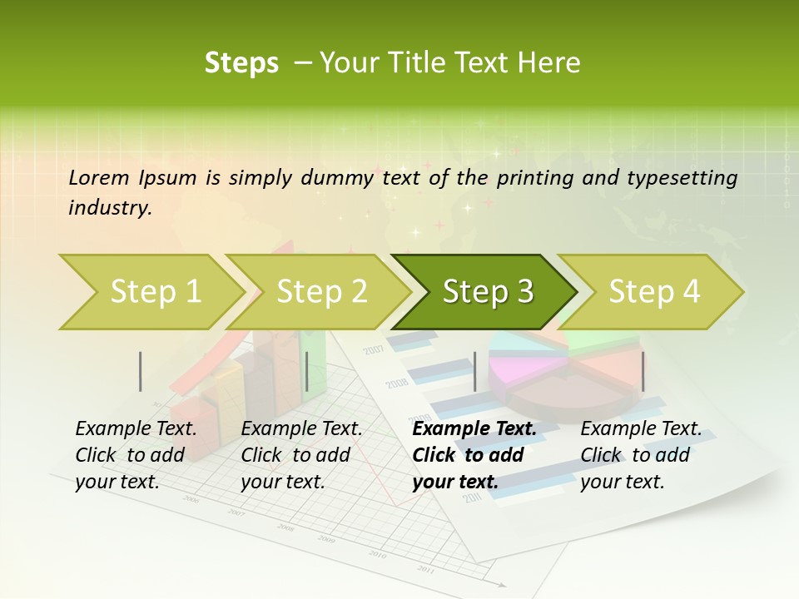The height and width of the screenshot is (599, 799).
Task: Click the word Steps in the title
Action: (241, 62)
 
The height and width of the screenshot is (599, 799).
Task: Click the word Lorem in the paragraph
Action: (98, 177)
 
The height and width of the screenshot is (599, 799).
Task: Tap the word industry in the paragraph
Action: (109, 208)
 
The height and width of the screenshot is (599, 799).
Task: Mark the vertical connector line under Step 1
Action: (141, 371)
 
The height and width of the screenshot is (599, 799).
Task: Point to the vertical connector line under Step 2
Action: (307, 371)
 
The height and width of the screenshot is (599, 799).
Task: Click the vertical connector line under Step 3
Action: (474, 371)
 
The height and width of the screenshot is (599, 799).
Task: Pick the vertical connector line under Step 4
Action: (643, 371)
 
